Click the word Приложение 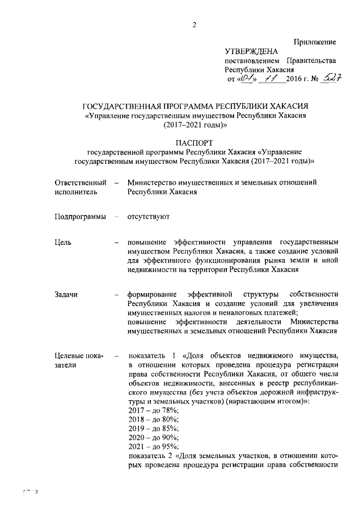point(315,42)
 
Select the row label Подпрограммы point(80,217)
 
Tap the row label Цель point(63,243)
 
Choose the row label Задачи point(66,294)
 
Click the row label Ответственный point(81,183)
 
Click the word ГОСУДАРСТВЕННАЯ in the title point(128,107)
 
